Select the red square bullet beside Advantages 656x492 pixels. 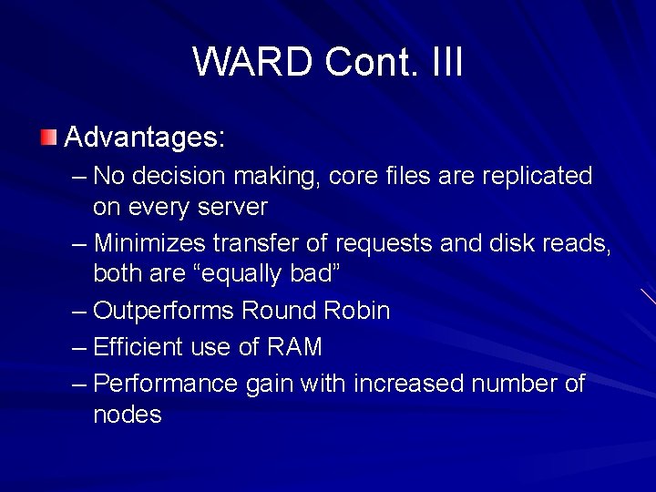coord(48,138)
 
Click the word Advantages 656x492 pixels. coord(144,138)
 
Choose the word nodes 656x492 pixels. coord(127,415)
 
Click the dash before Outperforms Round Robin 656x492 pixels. coord(79,312)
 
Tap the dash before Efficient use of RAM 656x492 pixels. coord(79,347)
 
